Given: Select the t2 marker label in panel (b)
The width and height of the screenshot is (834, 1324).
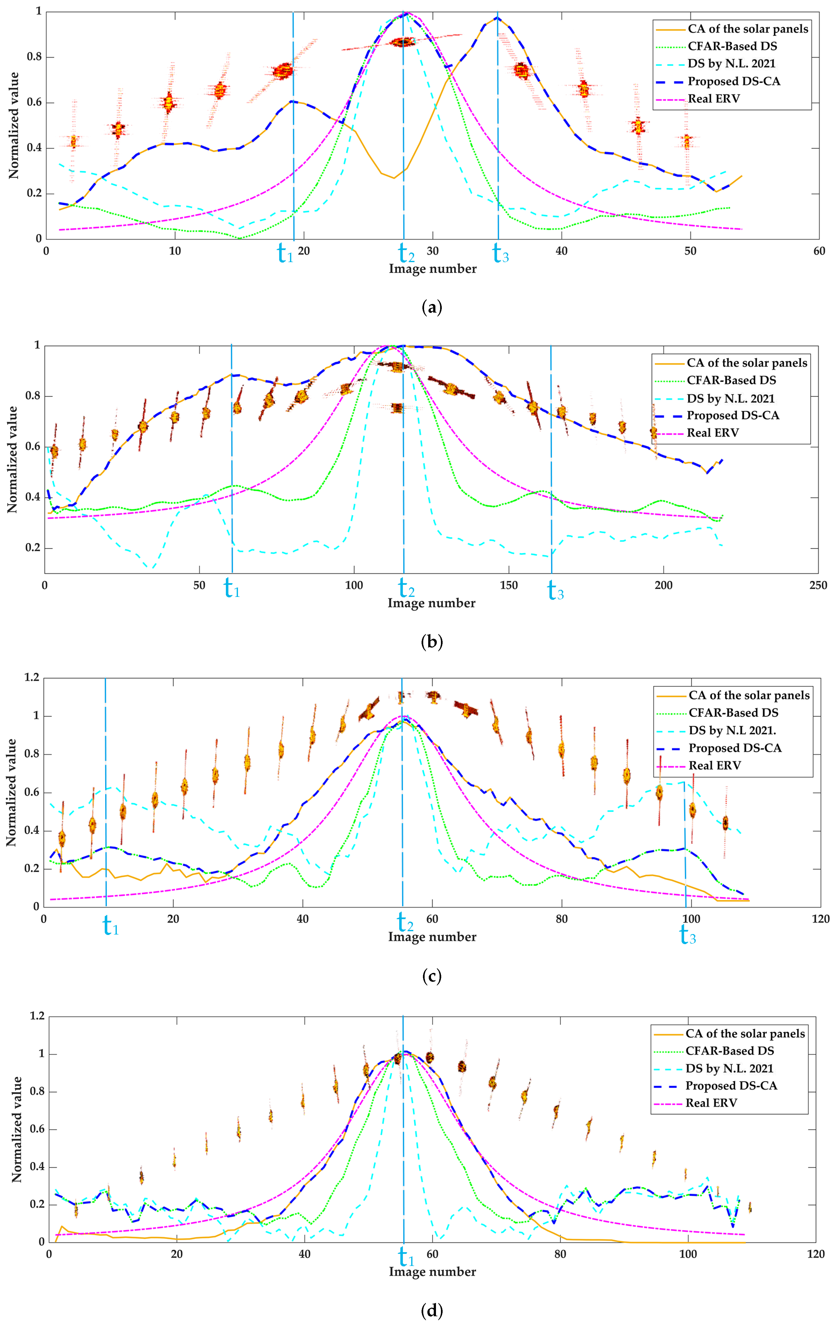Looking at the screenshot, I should (x=406, y=588).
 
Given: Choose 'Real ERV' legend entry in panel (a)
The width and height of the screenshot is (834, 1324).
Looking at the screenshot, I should (x=713, y=99).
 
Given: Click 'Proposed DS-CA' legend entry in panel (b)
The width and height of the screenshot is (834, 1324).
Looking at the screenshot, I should (x=732, y=416).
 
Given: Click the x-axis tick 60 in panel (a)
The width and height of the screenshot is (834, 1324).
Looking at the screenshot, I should (x=818, y=251).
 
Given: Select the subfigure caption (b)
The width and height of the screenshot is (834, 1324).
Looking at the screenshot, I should (x=431, y=642).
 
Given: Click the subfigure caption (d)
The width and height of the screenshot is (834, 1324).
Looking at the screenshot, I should (x=431, y=1311).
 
